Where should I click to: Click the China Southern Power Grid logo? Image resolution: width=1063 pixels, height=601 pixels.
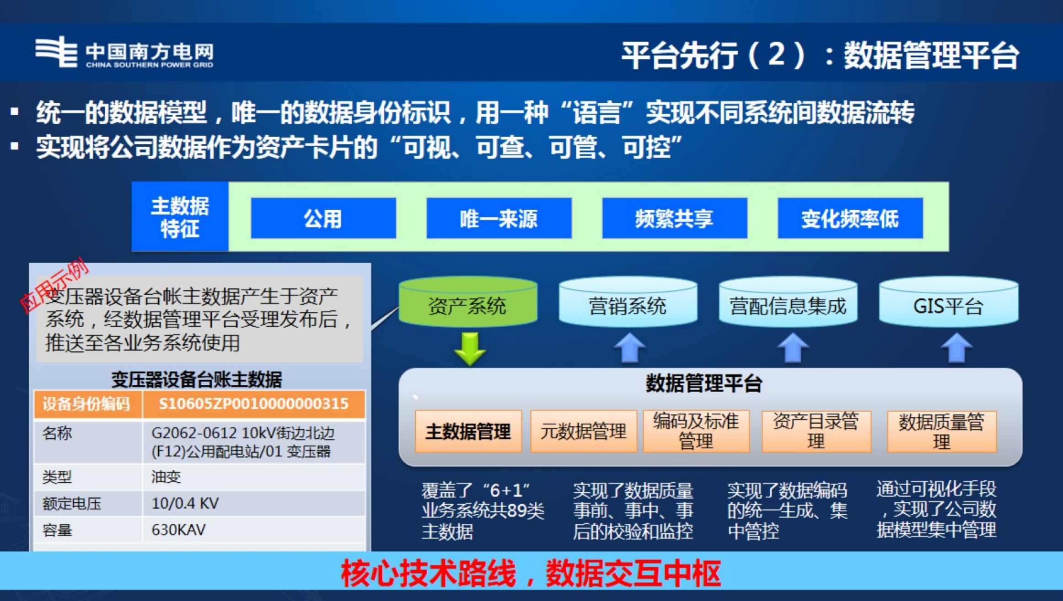point(123,53)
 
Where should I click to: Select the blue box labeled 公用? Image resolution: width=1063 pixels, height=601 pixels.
point(323,218)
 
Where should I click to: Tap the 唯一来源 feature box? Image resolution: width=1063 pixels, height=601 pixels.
point(499,218)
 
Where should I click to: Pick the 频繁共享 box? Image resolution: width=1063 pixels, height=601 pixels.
point(674,218)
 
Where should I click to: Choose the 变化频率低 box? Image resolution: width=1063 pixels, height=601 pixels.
point(850,218)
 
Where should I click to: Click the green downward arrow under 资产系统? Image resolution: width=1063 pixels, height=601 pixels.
point(470,349)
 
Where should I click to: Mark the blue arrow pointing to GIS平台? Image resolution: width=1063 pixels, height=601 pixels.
point(956,348)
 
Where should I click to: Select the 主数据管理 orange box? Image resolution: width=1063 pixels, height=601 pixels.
point(468,431)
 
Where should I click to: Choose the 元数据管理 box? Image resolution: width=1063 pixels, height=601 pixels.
point(583,431)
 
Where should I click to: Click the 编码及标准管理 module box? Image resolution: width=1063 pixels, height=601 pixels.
point(696,431)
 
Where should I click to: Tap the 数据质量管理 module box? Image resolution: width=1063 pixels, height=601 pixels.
point(941,431)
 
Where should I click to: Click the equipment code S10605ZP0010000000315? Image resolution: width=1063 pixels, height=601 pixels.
point(253,404)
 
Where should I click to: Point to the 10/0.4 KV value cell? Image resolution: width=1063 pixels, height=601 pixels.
point(185,503)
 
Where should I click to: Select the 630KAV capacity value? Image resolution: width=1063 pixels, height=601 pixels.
point(178,530)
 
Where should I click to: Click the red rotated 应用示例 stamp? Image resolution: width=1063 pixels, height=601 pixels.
point(54,286)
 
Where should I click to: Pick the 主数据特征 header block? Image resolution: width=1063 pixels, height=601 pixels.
point(180,217)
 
